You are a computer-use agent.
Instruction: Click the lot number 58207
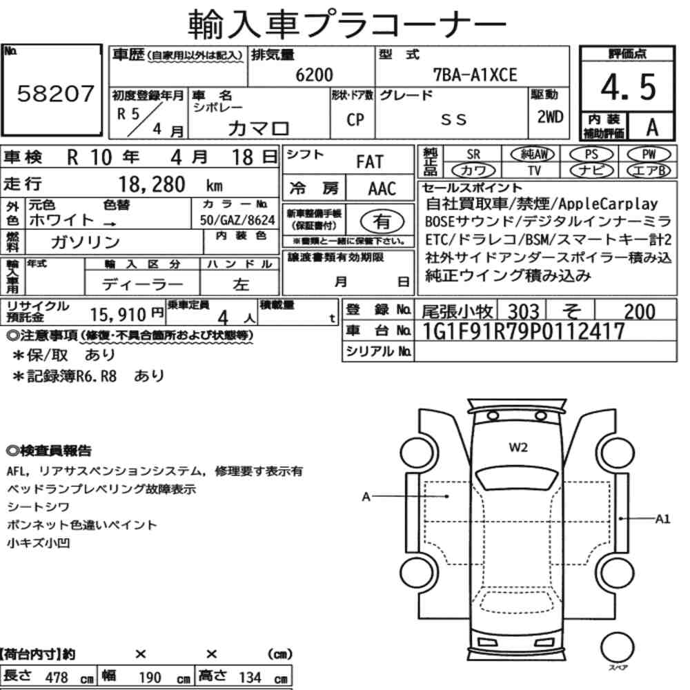coord(55,93)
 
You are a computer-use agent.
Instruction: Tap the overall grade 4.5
coord(628,87)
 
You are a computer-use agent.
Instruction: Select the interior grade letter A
coord(652,127)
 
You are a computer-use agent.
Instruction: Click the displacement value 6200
coord(314,75)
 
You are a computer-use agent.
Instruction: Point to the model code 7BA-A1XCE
coord(475,75)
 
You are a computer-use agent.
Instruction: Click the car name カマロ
coord(258,128)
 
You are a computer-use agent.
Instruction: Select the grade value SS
coord(453,119)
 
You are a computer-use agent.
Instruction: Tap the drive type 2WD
coord(550,117)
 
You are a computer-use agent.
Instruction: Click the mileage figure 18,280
coord(152,184)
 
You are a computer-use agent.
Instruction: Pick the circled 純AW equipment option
coord(533,154)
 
